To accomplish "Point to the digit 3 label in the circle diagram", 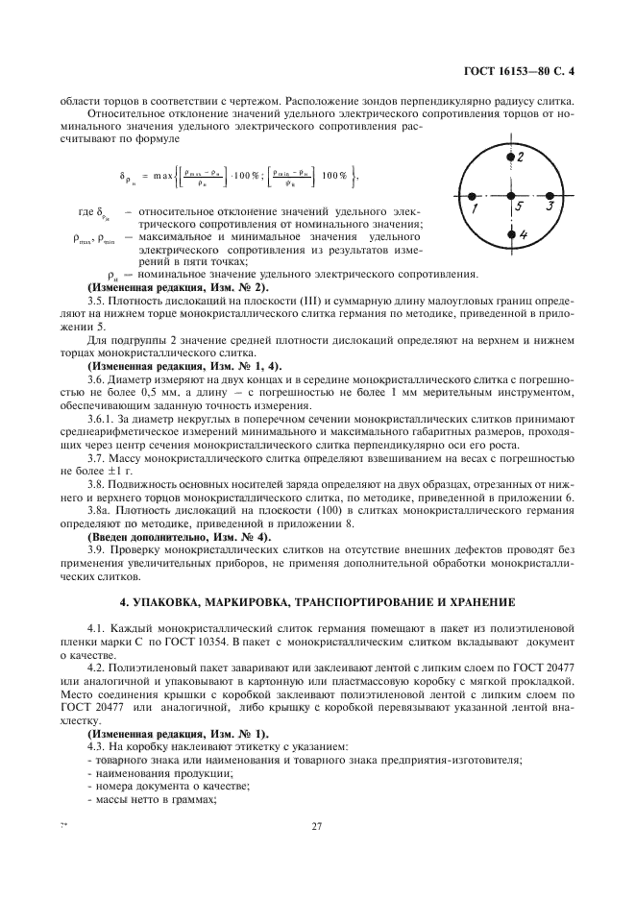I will pos(548,205).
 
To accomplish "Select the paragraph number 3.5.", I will pos(97,302).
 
